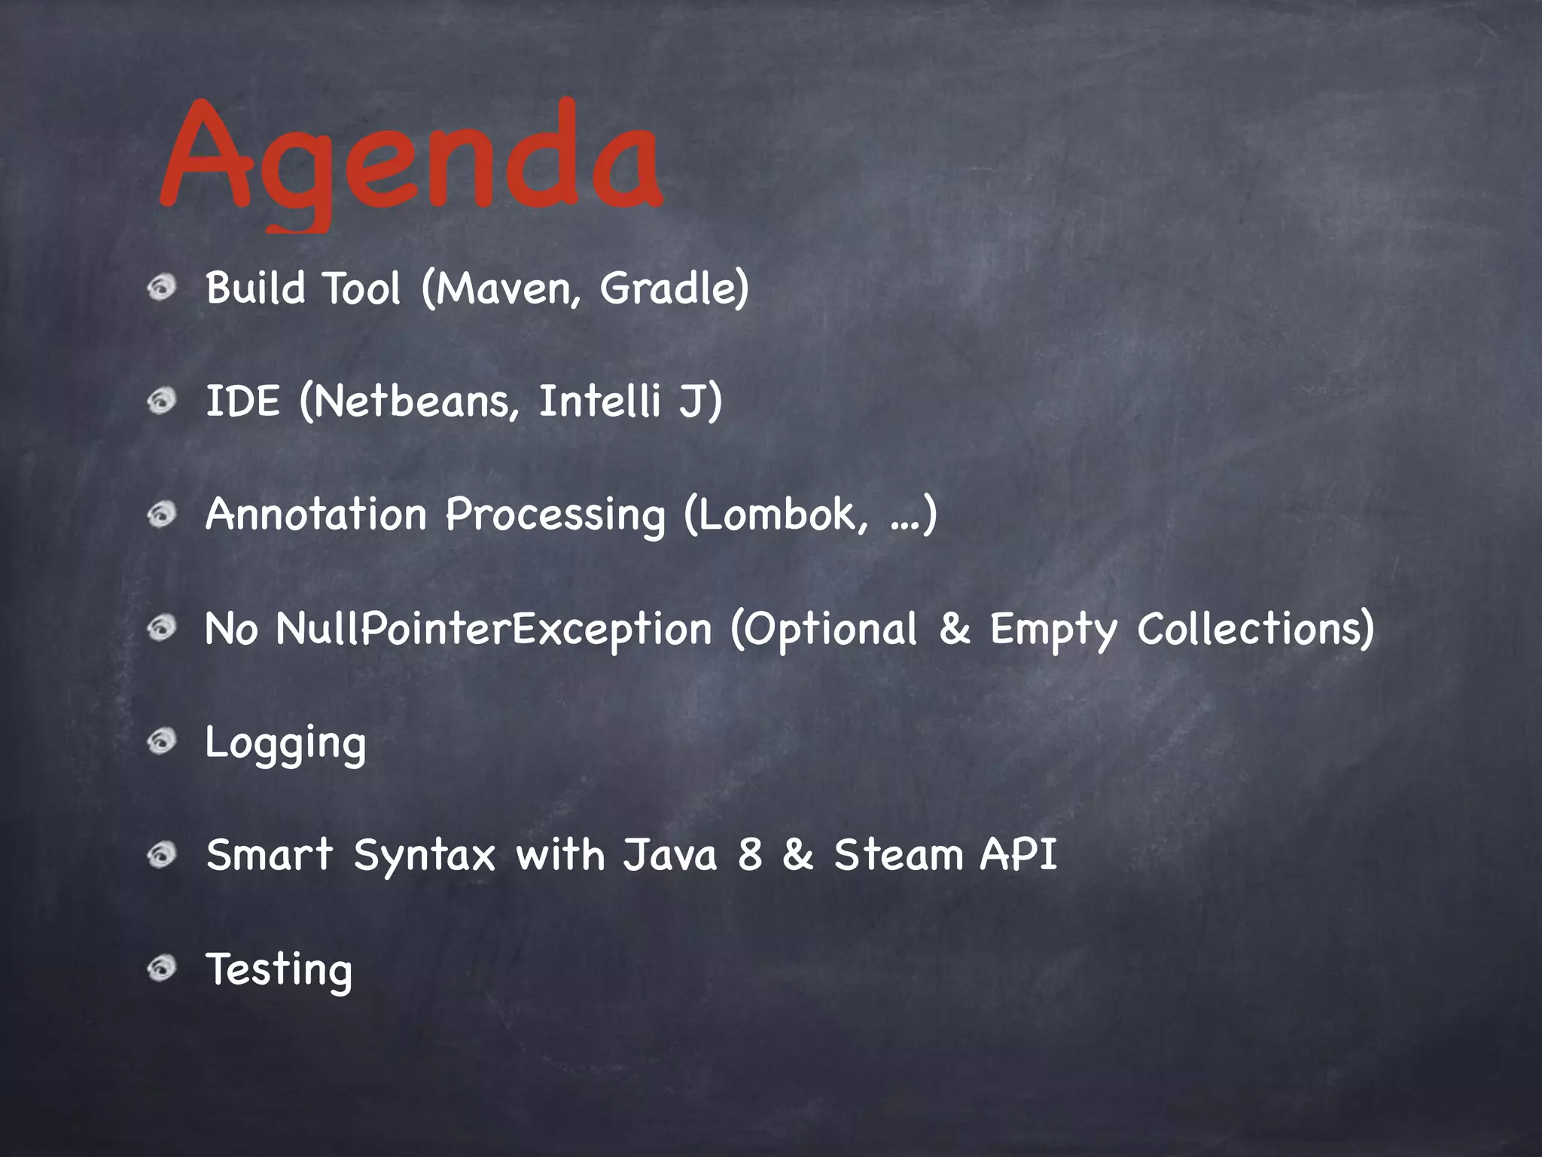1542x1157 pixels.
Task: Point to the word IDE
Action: pyautogui.click(x=242, y=401)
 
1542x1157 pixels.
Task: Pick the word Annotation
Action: pyautogui.click(x=316, y=514)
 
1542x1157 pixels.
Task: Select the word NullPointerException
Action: pyautogui.click(x=493, y=629)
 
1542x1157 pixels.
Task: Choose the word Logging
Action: pyautogui.click(x=285, y=744)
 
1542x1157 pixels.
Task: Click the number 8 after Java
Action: pyautogui.click(x=750, y=856)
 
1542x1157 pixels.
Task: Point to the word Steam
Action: pyautogui.click(x=899, y=856)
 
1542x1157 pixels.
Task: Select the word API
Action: pyautogui.click(x=1019, y=856)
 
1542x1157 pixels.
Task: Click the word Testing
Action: pyautogui.click(x=279, y=970)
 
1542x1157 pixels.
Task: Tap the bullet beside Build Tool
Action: pyautogui.click(x=161, y=287)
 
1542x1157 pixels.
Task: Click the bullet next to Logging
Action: pyautogui.click(x=161, y=742)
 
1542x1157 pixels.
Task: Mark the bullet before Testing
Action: pyautogui.click(x=161, y=968)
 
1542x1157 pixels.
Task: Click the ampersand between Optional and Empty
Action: pyautogui.click(x=954, y=629)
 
